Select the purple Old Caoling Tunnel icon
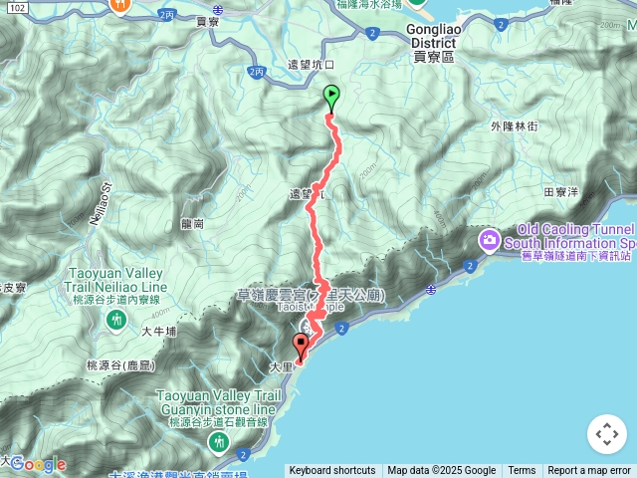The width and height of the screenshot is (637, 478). click(489, 239)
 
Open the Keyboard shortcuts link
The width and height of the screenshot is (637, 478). click(331, 471)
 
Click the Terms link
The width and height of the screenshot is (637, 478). click(522, 471)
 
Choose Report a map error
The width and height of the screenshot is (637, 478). click(589, 471)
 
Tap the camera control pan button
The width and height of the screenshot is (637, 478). click(606, 434)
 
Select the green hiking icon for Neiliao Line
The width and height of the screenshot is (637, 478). click(116, 319)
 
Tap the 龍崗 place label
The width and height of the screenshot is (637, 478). click(194, 225)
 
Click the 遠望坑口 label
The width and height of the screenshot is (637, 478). click(311, 65)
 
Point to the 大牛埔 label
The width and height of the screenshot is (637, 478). click(158, 332)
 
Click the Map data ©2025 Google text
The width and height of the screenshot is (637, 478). click(441, 471)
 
